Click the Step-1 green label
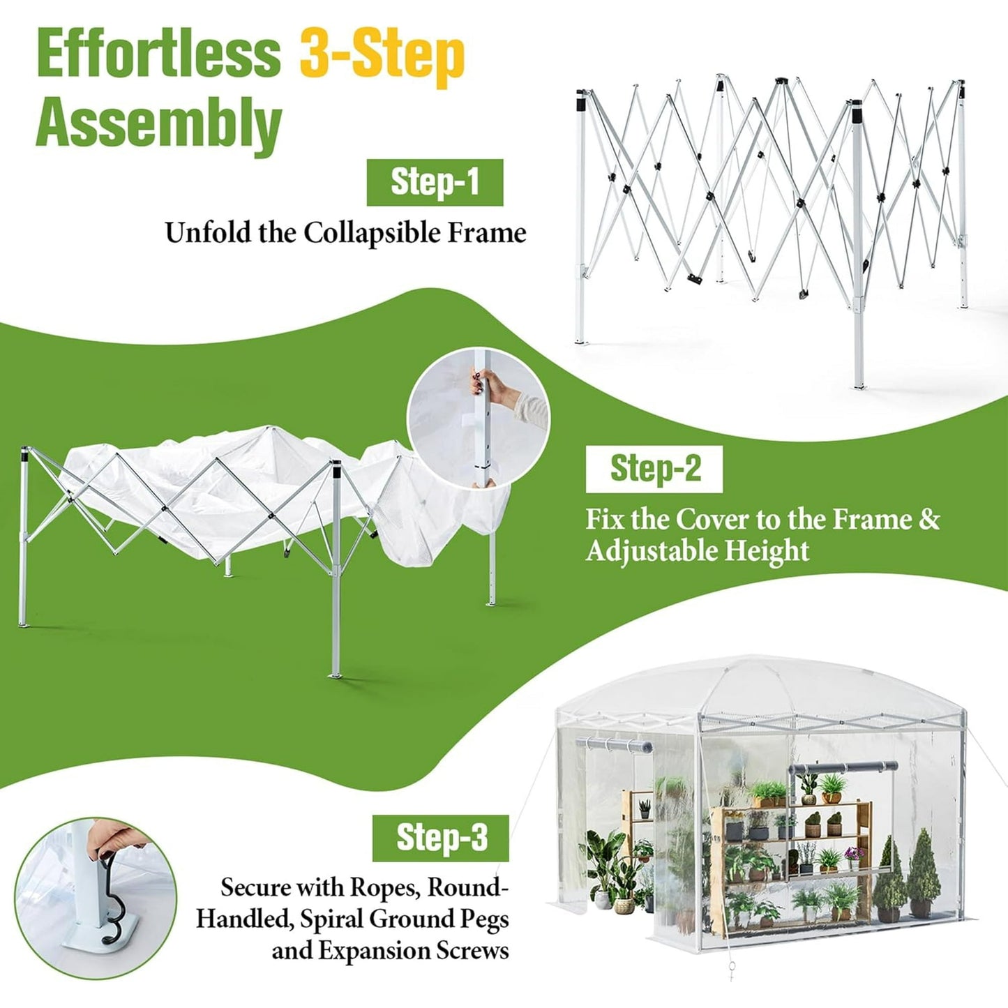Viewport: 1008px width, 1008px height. point(435,182)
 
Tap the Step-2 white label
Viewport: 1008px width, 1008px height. point(654,469)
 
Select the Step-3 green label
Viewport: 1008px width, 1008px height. point(441,837)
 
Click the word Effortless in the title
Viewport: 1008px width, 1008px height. point(158,54)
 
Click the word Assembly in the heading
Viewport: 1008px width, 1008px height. point(158,124)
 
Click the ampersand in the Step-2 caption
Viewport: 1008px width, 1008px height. point(929,520)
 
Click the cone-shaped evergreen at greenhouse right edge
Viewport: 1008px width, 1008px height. point(923,872)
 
